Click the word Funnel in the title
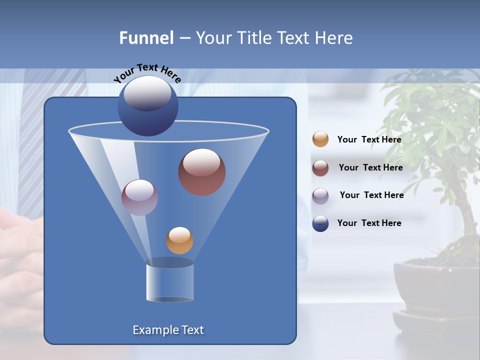(146, 38)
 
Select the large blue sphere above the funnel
(147, 106)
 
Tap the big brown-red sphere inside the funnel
(201, 172)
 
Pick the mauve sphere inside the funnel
(139, 197)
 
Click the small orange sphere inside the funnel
(179, 240)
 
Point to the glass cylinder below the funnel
(169, 283)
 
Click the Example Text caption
(168, 330)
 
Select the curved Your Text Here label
(147, 73)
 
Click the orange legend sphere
(320, 139)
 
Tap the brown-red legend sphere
(320, 168)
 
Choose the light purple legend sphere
(320, 195)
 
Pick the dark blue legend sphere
(320, 223)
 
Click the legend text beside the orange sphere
(369, 140)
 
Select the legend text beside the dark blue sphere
(369, 223)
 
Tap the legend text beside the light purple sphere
(371, 195)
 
